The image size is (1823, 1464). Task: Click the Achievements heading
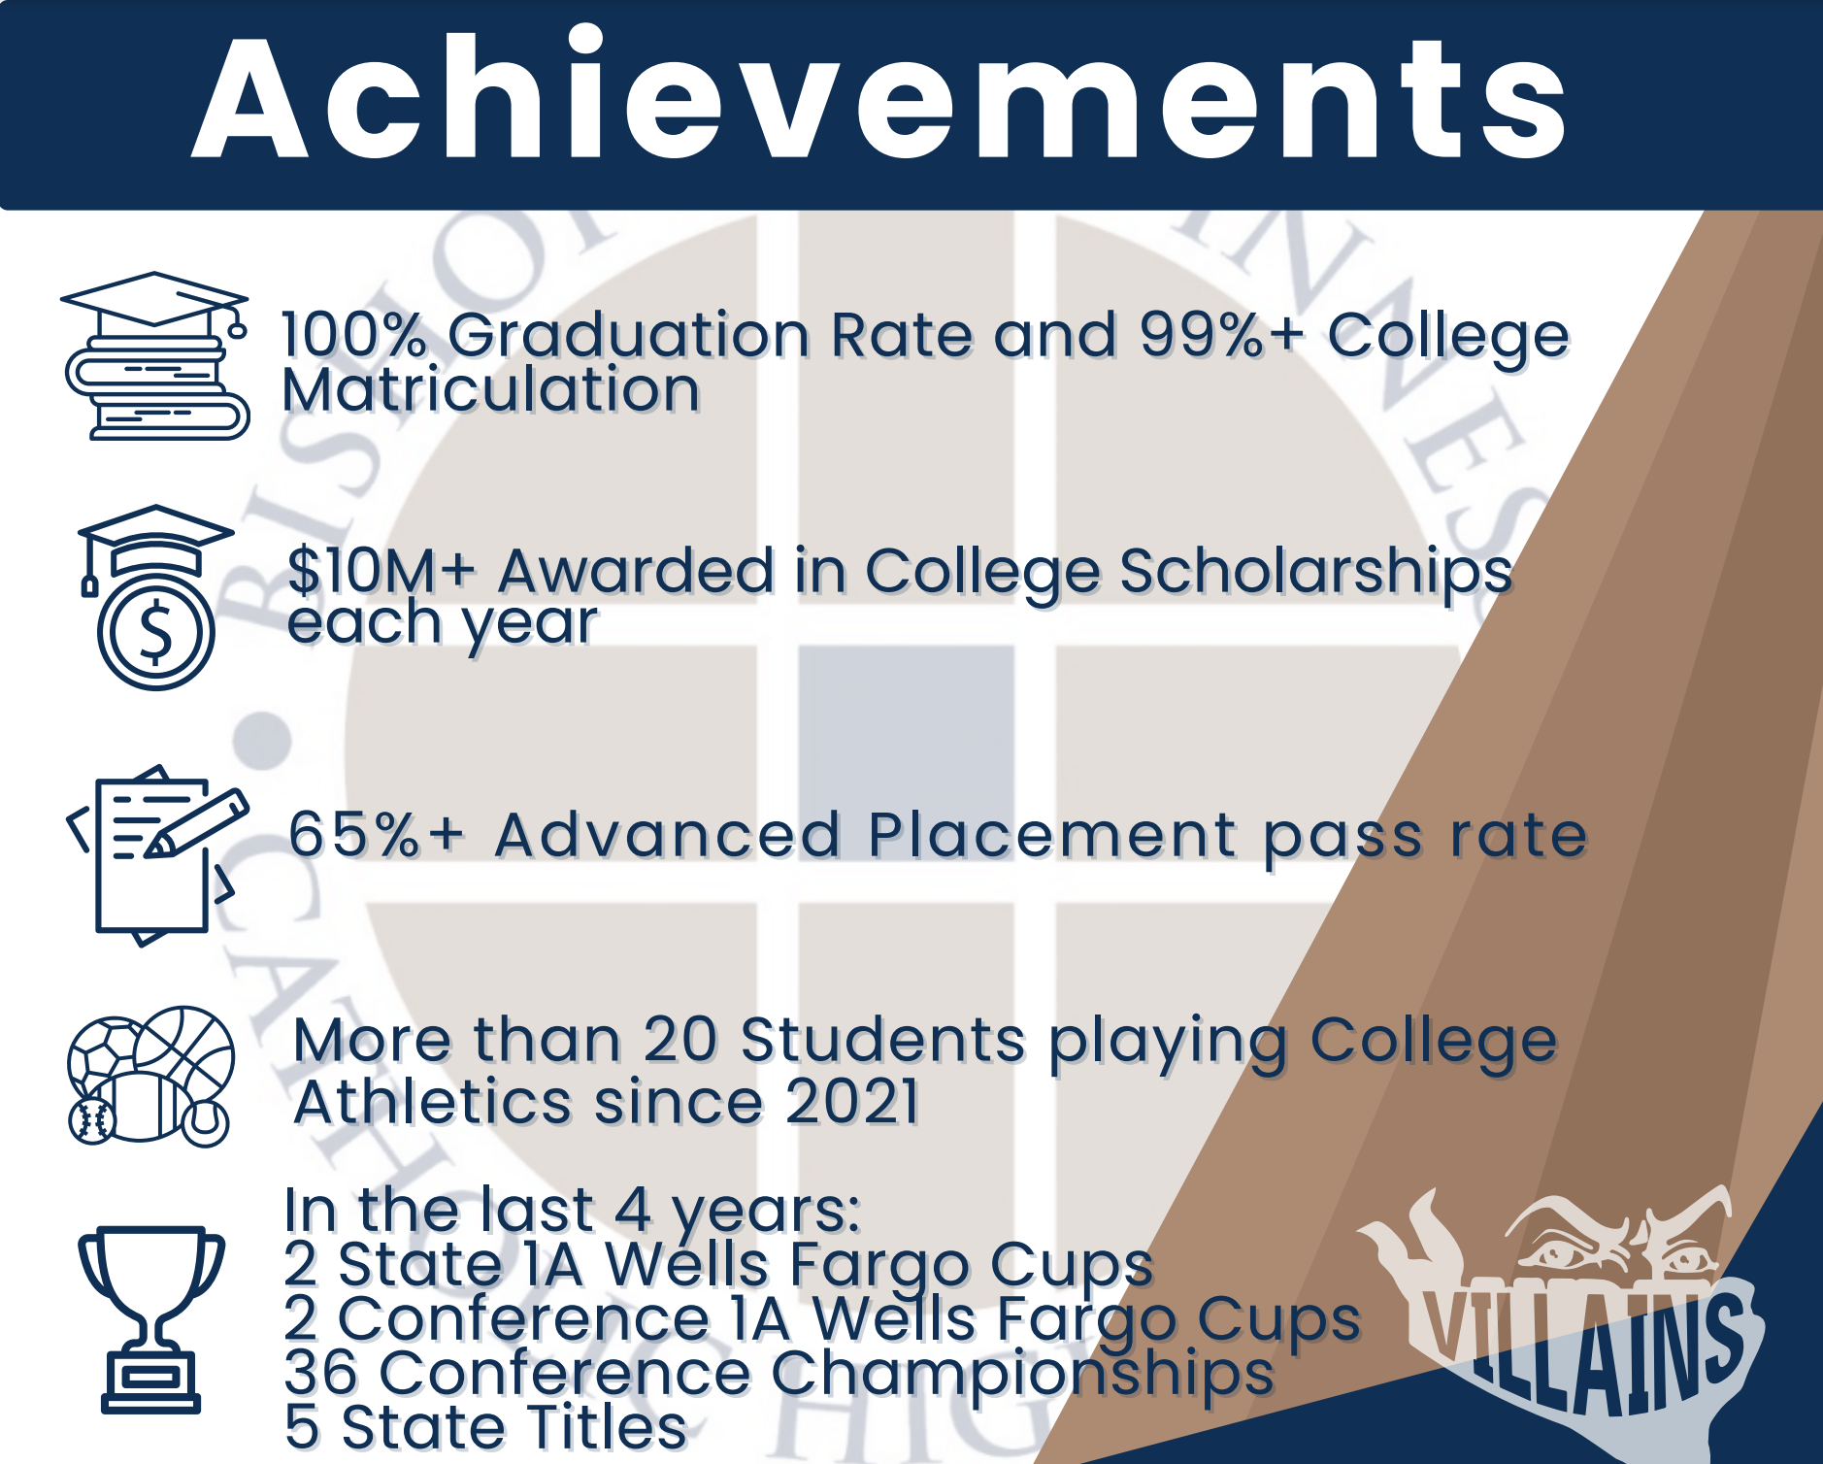(878, 97)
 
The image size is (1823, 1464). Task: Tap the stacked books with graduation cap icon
(155, 355)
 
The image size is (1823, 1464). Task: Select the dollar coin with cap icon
(155, 598)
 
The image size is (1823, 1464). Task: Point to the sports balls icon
(150, 1076)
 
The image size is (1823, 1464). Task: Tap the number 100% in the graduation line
(354, 335)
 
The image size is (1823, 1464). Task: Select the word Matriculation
(491, 390)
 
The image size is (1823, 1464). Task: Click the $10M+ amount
(381, 570)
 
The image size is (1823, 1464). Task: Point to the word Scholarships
(1315, 573)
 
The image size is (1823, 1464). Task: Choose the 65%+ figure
(377, 835)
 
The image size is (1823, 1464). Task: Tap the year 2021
(851, 1102)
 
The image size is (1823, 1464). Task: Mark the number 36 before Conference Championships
(321, 1374)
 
